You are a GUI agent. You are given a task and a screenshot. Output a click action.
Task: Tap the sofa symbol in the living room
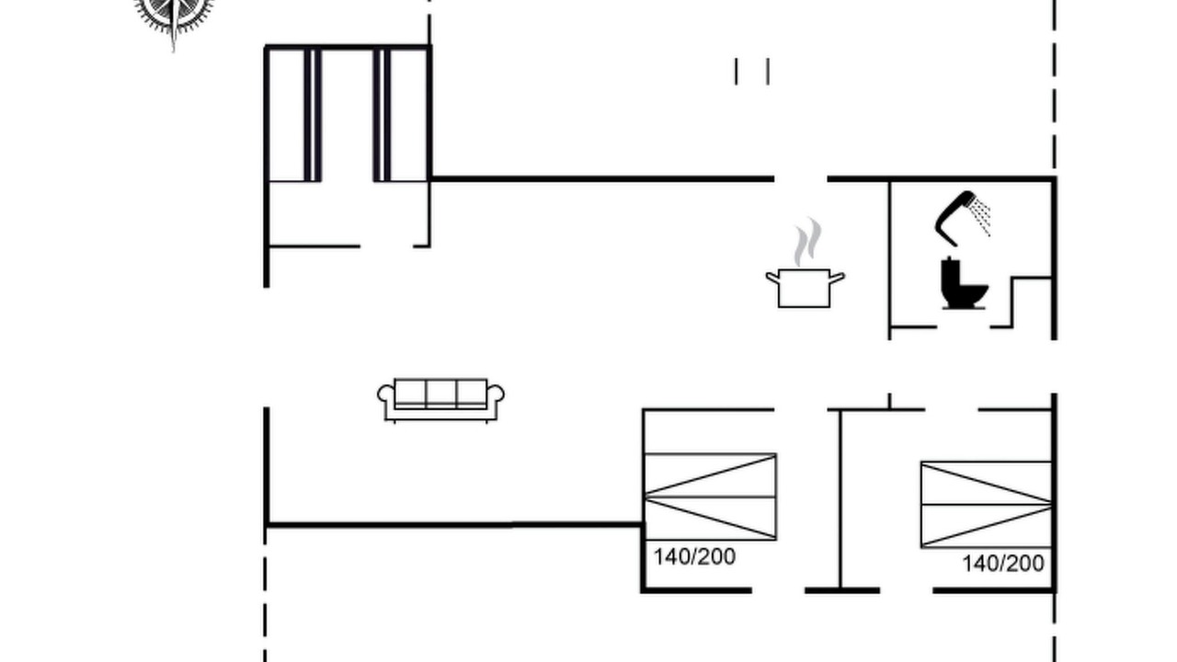pyautogui.click(x=440, y=400)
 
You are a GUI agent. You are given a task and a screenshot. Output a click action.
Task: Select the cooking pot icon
pyautogui.click(x=805, y=288)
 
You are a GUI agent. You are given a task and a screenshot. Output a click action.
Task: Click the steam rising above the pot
pyautogui.click(x=807, y=242)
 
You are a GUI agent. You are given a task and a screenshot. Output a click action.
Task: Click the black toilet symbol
pyautogui.click(x=964, y=283)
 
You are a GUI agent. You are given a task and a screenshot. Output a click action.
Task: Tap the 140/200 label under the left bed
pyautogui.click(x=694, y=557)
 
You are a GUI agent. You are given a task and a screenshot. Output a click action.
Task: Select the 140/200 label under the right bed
pyautogui.click(x=1003, y=564)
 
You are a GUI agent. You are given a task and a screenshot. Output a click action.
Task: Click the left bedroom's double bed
pyautogui.click(x=711, y=496)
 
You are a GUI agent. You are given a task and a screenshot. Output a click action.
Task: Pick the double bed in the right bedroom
pyautogui.click(x=987, y=505)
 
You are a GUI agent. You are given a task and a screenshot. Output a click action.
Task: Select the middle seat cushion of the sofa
pyautogui.click(x=440, y=393)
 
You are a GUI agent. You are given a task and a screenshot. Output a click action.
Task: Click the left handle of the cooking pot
pyautogui.click(x=771, y=278)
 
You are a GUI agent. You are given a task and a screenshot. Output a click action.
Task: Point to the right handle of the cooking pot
pyautogui.click(x=837, y=278)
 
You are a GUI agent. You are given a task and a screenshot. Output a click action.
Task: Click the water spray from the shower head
pyautogui.click(x=981, y=215)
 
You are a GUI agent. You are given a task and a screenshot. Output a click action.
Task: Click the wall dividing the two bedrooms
pyautogui.click(x=840, y=499)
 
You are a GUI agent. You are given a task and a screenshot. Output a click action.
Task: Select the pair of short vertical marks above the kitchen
pyautogui.click(x=752, y=72)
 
